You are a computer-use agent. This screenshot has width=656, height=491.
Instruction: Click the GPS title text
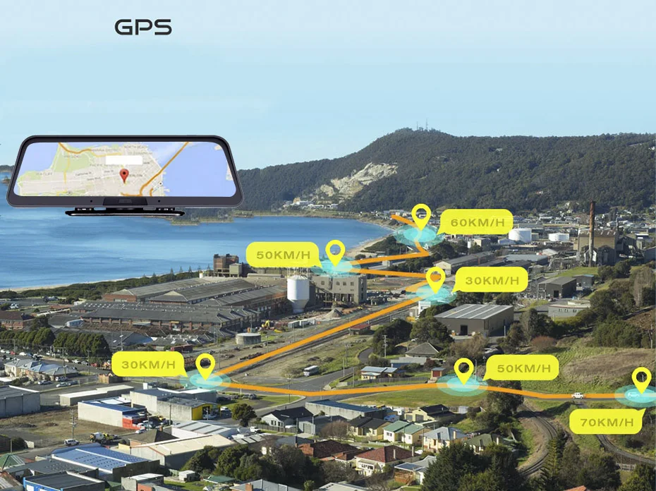[143, 28]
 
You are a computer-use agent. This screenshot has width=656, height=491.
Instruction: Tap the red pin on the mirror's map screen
[124, 175]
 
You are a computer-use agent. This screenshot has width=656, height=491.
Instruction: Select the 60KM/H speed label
[477, 222]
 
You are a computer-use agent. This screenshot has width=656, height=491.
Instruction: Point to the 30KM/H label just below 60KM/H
[490, 279]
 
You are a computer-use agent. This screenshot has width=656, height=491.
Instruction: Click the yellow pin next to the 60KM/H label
[421, 214]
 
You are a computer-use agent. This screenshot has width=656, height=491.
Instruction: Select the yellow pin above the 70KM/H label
[641, 379]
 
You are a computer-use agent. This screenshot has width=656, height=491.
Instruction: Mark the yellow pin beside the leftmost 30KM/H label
[205, 365]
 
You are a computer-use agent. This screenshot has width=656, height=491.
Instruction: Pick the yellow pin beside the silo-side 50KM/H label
[336, 251]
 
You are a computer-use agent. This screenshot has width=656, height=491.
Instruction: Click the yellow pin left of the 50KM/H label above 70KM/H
[463, 369]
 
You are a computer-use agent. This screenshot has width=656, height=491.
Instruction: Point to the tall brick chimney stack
[591, 224]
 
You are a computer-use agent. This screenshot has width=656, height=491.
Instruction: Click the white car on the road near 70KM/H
[578, 396]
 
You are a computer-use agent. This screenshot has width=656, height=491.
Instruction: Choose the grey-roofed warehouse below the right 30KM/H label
[474, 317]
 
